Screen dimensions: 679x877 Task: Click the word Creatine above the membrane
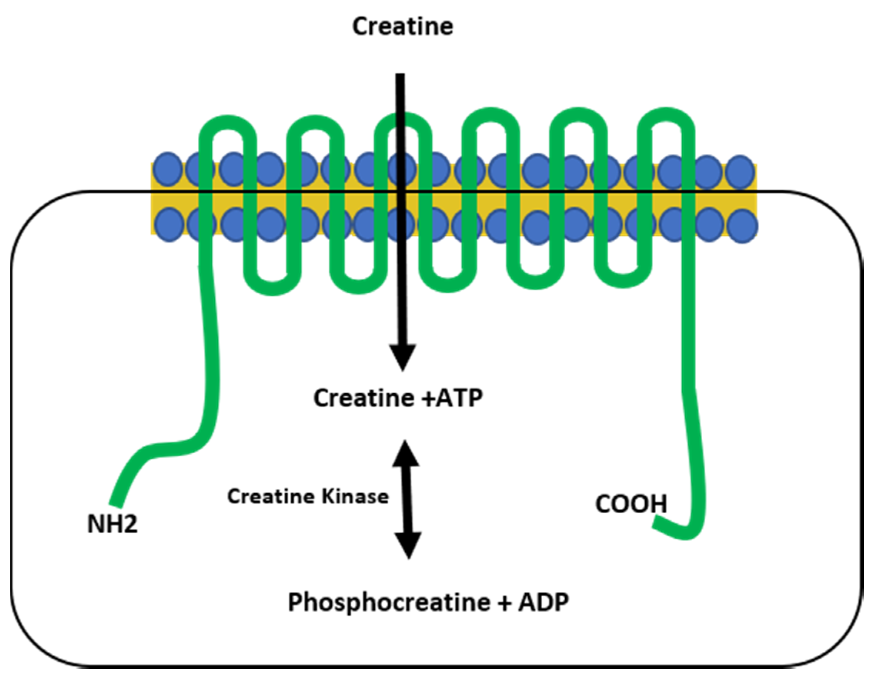(403, 27)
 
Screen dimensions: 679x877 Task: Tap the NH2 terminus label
(112, 524)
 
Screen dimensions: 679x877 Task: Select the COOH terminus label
(631, 504)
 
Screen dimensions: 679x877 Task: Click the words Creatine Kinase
(308, 497)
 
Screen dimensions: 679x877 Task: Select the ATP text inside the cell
(459, 398)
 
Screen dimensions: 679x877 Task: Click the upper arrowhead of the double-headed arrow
(406, 454)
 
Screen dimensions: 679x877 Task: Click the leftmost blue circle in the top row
(168, 169)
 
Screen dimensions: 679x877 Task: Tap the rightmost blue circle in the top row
(740, 172)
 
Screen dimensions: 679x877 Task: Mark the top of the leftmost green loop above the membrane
(228, 122)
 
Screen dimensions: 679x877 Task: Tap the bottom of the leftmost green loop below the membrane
(272, 288)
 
